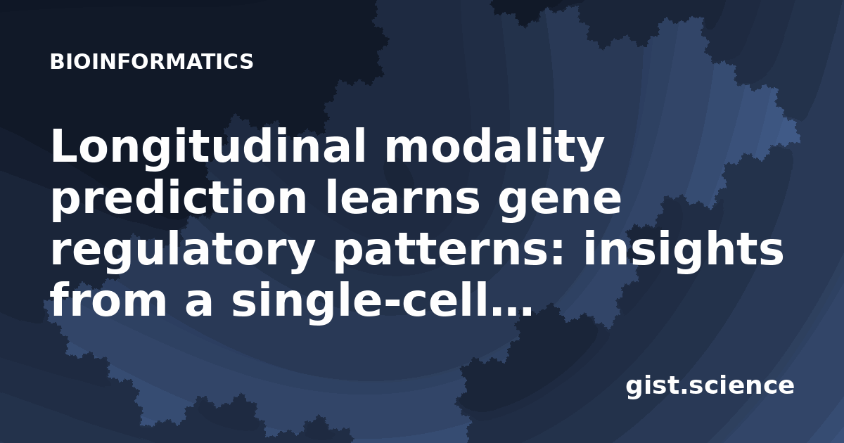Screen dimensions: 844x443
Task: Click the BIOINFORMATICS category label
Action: [151, 61]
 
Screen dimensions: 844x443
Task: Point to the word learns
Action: [402, 197]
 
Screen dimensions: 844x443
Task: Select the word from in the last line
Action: [108, 300]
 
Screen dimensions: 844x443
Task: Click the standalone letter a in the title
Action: [198, 304]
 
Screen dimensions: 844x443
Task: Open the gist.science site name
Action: [710, 387]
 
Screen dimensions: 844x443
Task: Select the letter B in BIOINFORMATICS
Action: [56, 62]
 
